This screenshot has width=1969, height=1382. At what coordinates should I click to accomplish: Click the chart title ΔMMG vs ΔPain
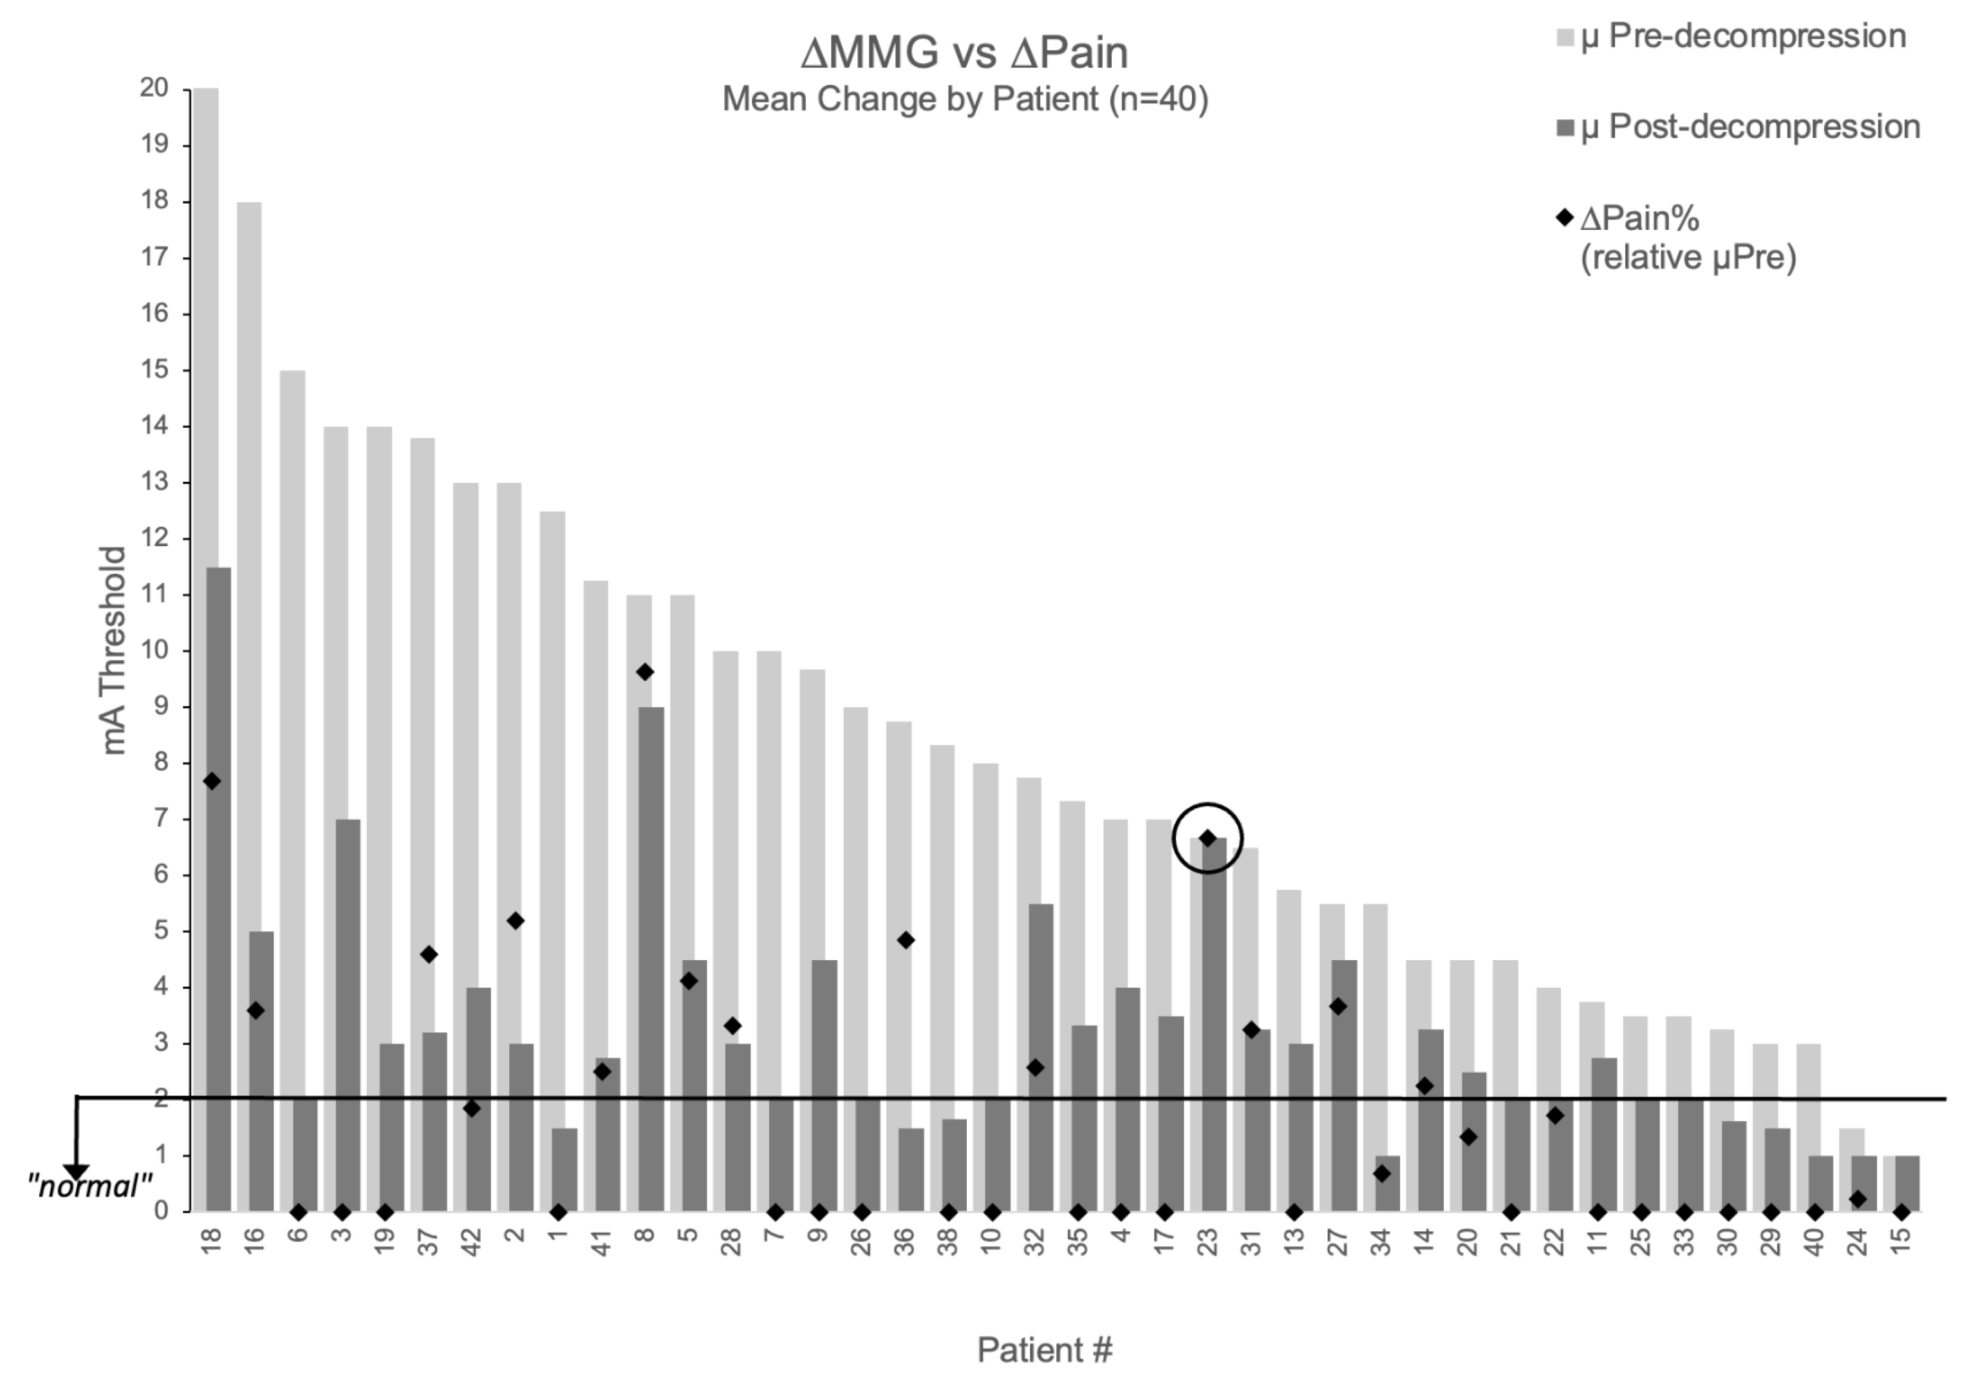[964, 53]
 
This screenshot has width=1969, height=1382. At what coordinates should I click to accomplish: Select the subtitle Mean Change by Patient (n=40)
[965, 100]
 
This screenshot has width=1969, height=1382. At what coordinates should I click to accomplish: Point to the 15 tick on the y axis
[154, 370]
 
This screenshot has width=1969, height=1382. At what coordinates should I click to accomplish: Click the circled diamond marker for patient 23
[1208, 838]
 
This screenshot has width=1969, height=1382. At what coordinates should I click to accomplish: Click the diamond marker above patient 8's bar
[645, 672]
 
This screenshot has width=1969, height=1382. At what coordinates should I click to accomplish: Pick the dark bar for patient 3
[348, 1012]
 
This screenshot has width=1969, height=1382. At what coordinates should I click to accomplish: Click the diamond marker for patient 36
[906, 940]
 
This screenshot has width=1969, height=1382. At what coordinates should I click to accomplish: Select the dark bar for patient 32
[1040, 1055]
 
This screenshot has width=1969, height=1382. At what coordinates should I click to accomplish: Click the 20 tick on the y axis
[154, 88]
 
